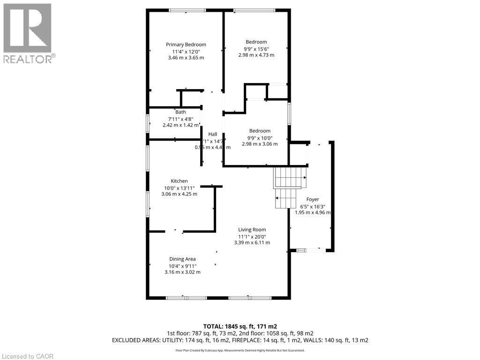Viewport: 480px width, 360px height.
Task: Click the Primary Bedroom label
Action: pos(186,45)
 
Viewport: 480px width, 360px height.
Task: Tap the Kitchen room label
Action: pos(179,181)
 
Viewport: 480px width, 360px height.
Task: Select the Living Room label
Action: pos(252,230)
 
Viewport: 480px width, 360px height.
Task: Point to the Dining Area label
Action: pos(182,259)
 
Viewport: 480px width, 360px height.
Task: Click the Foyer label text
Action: pos(313,199)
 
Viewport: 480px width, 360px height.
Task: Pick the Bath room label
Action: pos(180,112)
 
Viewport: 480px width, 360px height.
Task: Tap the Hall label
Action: pos(212,135)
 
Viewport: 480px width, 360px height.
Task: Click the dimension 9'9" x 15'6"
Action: pos(256,48)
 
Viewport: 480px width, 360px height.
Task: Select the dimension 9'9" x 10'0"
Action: pos(260,137)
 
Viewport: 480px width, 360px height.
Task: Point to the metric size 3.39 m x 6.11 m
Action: pos(252,242)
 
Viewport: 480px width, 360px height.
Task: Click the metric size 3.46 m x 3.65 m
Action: pos(186,58)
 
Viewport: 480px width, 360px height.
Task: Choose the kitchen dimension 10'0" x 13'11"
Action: pos(179,187)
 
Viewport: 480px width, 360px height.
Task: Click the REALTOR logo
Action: pos(28,33)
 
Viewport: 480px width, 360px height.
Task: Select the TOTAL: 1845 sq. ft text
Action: pos(240,326)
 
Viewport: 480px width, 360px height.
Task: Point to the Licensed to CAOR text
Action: pos(27,356)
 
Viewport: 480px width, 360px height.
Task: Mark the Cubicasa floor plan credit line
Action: pos(240,350)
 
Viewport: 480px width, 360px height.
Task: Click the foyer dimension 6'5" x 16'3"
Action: pos(313,206)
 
